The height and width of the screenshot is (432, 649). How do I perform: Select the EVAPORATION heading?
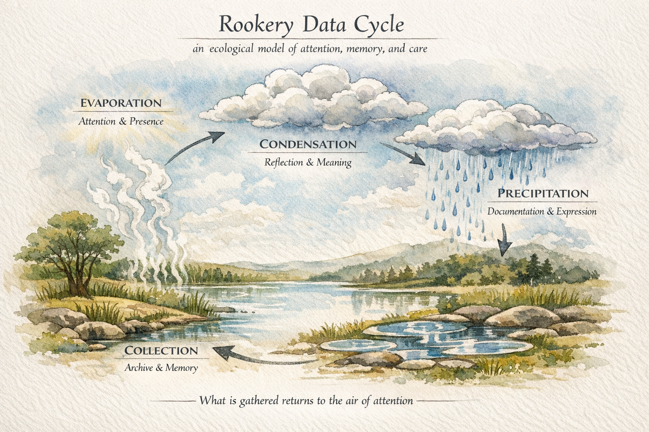coord(121,103)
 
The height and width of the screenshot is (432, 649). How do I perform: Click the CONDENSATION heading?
coord(308,144)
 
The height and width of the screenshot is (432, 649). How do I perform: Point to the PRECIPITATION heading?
coord(543,194)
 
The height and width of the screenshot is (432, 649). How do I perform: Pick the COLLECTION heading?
coord(161,351)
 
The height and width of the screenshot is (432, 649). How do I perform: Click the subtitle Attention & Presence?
coord(121,121)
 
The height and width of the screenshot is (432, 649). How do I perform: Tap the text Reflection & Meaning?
coord(308,162)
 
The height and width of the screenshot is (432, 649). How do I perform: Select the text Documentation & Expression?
coord(542,211)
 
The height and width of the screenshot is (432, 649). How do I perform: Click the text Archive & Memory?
coord(161,368)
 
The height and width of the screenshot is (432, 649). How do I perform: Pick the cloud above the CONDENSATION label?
coord(313,99)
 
